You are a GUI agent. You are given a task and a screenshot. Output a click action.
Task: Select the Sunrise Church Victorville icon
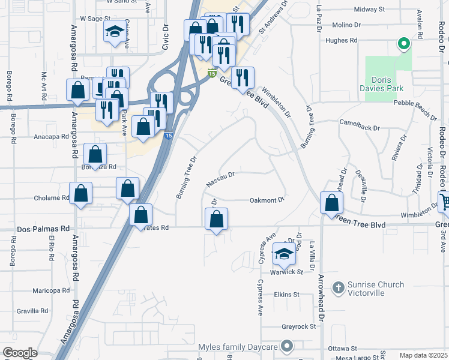(338, 288)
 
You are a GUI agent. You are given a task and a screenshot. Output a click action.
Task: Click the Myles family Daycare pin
(288, 346)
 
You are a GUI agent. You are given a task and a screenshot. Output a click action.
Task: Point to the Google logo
(20, 353)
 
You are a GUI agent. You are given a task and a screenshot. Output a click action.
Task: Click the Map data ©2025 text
(423, 355)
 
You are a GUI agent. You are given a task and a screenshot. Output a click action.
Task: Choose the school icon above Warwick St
(284, 254)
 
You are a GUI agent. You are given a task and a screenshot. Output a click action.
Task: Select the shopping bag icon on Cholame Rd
(80, 194)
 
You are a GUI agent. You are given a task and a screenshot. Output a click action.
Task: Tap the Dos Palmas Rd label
(43, 229)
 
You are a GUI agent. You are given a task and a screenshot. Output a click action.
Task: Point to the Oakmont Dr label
(266, 200)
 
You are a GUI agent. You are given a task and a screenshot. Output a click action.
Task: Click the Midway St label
(369, 10)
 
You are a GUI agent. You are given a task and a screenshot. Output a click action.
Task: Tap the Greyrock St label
(299, 327)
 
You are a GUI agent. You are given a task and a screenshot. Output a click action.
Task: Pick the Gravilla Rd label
(32, 311)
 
